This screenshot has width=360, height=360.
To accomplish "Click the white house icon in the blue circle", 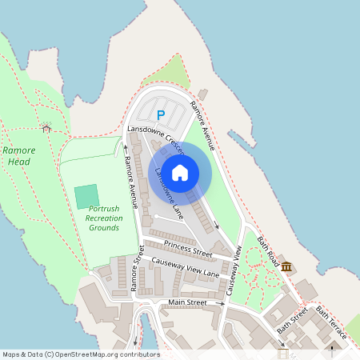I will (x=180, y=172).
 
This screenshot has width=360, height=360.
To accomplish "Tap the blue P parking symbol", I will (x=161, y=115).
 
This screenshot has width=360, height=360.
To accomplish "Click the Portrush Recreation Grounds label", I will (x=104, y=218).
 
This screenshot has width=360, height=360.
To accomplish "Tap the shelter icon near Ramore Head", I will (x=46, y=127).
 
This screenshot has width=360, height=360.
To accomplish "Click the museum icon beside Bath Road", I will (x=286, y=267).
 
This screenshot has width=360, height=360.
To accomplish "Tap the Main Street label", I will (x=187, y=302).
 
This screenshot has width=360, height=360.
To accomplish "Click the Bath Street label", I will (x=292, y=319).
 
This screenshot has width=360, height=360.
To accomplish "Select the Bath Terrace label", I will (x=331, y=322).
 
